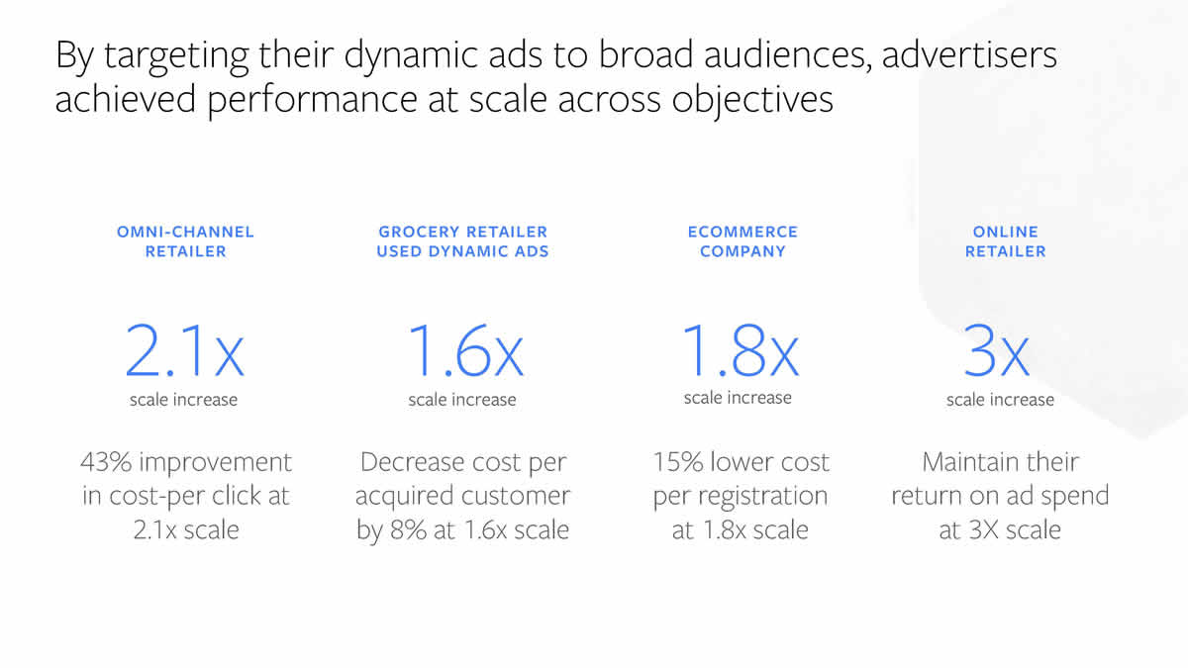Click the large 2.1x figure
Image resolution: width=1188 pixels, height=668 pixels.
pyautogui.click(x=184, y=350)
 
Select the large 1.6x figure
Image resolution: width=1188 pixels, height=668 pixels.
pyautogui.click(x=465, y=350)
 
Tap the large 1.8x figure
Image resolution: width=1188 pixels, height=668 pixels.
pyautogui.click(x=740, y=350)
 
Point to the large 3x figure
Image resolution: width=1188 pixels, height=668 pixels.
pyautogui.click(x=997, y=350)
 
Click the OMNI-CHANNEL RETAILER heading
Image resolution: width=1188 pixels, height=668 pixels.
pyautogui.click(x=186, y=241)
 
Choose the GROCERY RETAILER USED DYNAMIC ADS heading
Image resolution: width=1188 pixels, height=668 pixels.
pyautogui.click(x=462, y=241)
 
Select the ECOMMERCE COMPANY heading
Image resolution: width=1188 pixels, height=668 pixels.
pyautogui.click(x=742, y=241)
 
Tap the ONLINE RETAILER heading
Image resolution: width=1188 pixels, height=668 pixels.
pyautogui.click(x=1006, y=241)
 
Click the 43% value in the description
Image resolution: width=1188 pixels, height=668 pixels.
pyautogui.click(x=106, y=462)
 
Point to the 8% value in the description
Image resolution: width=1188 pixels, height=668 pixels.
pyautogui.click(x=408, y=529)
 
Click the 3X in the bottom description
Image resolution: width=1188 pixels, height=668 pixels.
pyautogui.click(x=983, y=529)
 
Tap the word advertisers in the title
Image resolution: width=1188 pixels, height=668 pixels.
pyautogui.click(x=969, y=55)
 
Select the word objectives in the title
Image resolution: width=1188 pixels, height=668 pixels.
pyautogui.click(x=752, y=101)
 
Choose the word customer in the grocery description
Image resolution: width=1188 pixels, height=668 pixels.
pyautogui.click(x=516, y=496)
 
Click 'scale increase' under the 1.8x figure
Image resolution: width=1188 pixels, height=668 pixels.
pyautogui.click(x=738, y=398)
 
